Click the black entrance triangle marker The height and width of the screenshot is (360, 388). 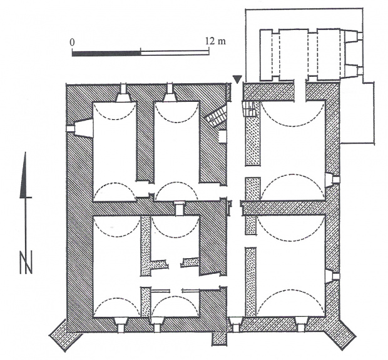coord(237,79)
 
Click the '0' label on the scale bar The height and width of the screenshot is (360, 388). coord(72,42)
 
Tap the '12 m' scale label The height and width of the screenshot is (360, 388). coord(215,41)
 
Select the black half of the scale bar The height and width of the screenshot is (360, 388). coord(106,54)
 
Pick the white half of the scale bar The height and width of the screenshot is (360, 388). coord(175,53)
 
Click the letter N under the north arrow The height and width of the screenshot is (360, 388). coord(26,262)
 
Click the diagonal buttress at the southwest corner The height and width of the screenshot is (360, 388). coord(65,334)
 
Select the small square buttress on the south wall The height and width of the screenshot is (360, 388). coord(219,339)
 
